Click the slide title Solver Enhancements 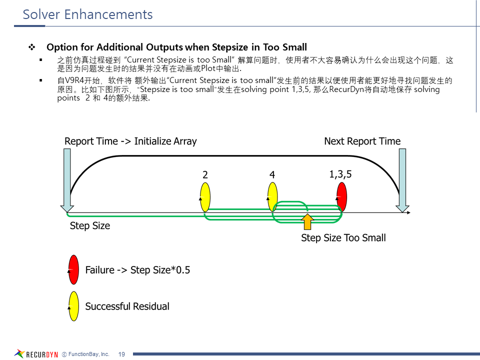point(88,14)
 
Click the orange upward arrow point(308,222)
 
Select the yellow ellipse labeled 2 point(205,197)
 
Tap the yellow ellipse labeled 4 point(272,197)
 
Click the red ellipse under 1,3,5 point(341,197)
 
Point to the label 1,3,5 point(340,174)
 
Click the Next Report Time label point(362,141)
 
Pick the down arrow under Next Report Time point(401,180)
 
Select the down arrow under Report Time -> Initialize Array point(67,180)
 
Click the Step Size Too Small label point(343,238)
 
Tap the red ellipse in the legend point(73,270)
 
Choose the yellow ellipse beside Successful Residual point(73,306)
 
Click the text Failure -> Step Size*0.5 point(137,270)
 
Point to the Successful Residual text point(127,306)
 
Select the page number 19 point(121,354)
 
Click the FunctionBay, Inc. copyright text point(85,354)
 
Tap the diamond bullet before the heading point(31,47)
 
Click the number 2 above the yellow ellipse point(205,174)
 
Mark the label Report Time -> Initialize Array point(130,141)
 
